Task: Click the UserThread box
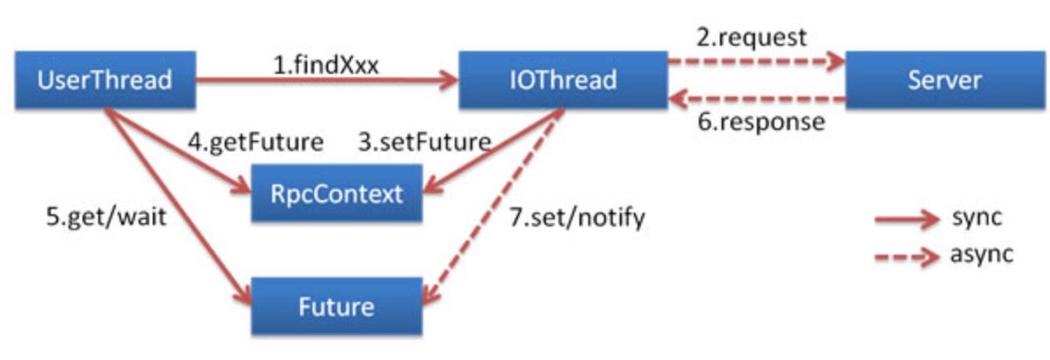tap(104, 81)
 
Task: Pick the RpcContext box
tap(337, 192)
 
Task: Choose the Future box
tap(337, 306)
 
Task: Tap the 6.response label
tap(760, 121)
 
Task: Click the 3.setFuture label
tap(423, 141)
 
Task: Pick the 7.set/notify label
tap(578, 216)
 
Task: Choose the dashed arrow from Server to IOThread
tap(755, 99)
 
